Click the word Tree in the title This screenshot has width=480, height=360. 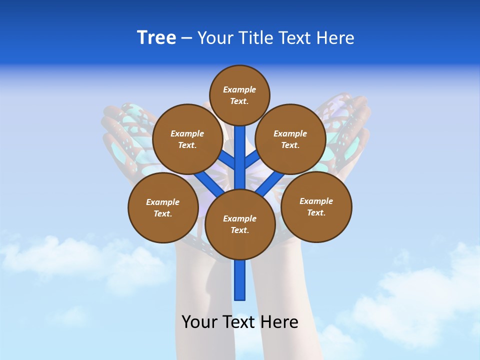pos(156,38)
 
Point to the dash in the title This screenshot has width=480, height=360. pos(186,38)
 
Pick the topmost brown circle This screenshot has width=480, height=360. pos(239,95)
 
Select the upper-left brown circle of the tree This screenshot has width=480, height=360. pos(187,139)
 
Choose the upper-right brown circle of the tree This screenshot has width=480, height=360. pos(290,139)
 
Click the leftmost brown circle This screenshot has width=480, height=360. pos(163,207)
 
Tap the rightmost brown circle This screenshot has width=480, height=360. pos(316,206)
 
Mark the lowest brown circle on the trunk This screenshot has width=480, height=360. pos(240,224)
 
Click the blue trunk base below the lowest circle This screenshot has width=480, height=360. pos(240,280)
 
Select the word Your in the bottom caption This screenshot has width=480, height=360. pos(198,322)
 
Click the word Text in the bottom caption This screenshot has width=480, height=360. pos(239,322)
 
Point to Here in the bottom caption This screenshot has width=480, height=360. pos(280,322)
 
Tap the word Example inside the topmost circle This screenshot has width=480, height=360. pos(239,89)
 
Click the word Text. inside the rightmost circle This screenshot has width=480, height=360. pos(316,212)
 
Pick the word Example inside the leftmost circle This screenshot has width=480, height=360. pos(163,202)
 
